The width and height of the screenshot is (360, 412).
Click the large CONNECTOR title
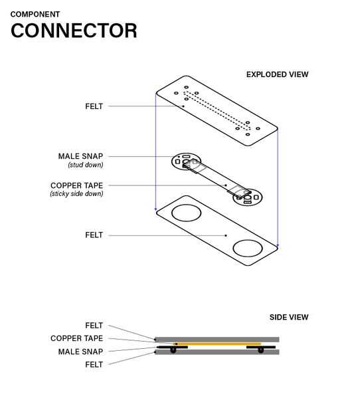click(x=74, y=31)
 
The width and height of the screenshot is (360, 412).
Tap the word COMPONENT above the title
click(x=35, y=14)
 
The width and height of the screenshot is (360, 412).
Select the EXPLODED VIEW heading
click(x=277, y=74)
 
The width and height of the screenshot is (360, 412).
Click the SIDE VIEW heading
click(x=289, y=317)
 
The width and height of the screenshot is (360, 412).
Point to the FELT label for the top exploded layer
click(x=94, y=106)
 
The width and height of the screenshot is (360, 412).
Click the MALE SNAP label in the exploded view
click(x=80, y=156)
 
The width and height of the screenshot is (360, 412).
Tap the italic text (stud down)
click(x=85, y=165)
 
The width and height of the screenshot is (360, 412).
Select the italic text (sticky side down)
click(x=76, y=194)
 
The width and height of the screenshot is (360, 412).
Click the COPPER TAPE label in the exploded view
click(x=76, y=185)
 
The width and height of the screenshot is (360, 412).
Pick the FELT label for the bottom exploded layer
click(x=94, y=235)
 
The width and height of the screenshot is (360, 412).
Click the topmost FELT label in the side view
click(x=94, y=326)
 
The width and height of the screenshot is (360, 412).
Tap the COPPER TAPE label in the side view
click(x=76, y=338)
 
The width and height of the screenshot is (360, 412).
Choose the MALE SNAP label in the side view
click(x=80, y=352)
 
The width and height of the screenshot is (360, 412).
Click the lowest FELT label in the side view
click(x=94, y=364)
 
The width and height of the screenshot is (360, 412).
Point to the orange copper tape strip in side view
click(x=217, y=344)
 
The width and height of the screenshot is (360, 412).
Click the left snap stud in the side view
click(x=173, y=350)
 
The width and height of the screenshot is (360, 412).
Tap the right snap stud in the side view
click(x=260, y=350)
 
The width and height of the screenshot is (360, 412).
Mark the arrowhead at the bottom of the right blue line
click(x=278, y=246)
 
